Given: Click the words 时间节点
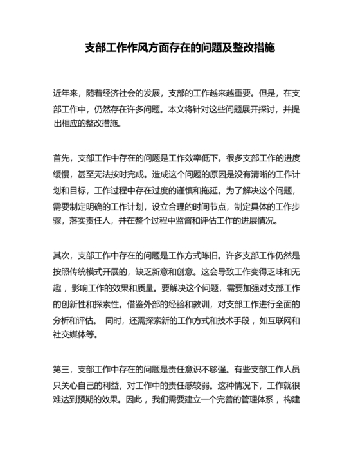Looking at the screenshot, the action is [x=209, y=206].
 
